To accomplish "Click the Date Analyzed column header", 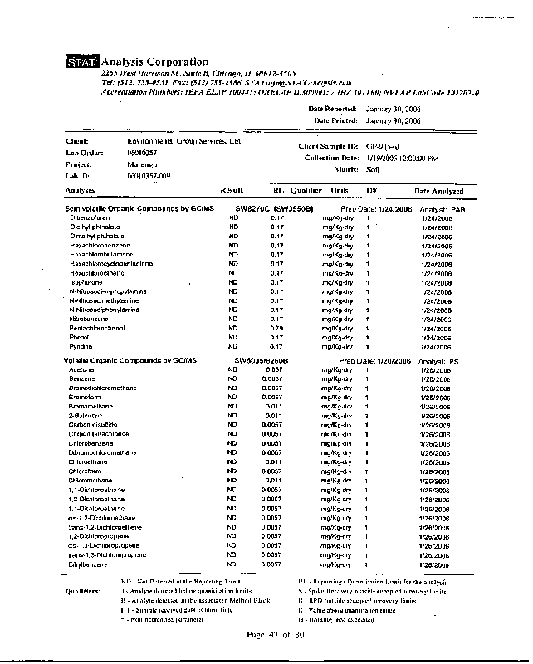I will click(438, 192).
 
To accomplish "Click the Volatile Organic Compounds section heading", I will click(130, 361).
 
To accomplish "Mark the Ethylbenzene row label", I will click(88, 564).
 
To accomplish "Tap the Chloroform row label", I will click(86, 471).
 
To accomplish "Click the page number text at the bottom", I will click(276, 635).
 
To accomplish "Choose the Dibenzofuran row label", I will click(90, 217).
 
